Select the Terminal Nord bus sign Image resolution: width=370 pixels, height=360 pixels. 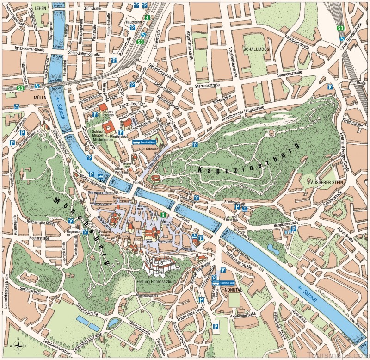142,143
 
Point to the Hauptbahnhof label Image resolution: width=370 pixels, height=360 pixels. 137,22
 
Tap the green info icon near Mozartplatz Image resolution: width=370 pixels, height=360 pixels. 163,215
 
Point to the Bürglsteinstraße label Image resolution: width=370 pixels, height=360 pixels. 283,223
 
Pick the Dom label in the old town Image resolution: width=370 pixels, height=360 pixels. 148,241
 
